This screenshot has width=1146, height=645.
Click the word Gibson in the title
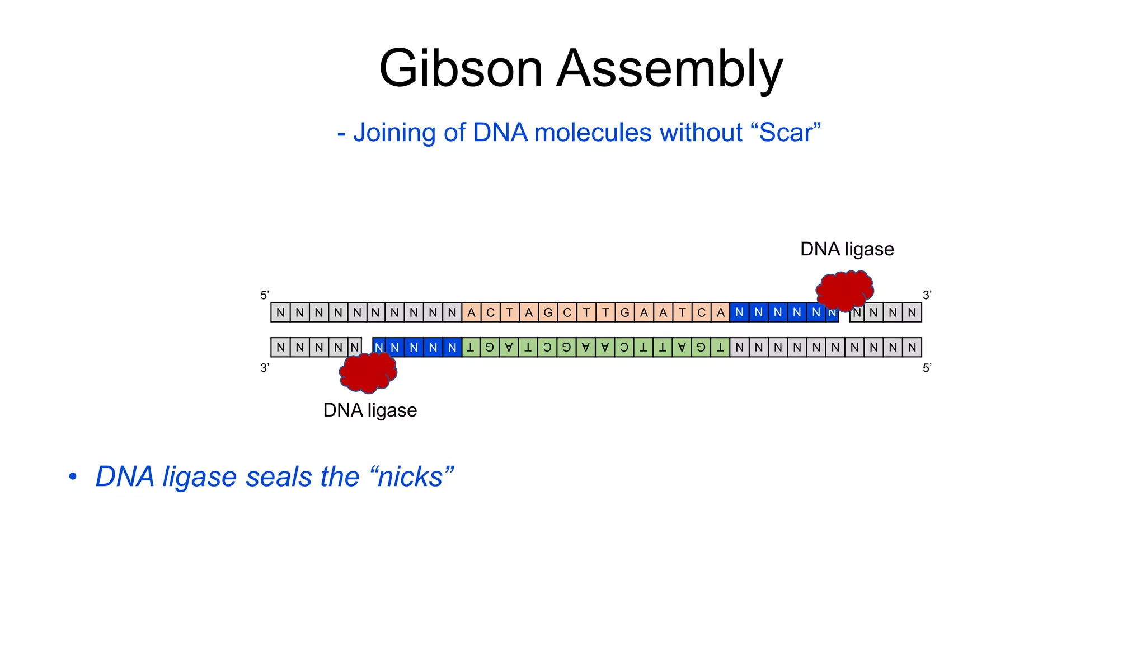[461, 69]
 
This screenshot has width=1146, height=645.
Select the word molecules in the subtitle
[593, 133]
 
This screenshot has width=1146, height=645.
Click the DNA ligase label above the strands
[847, 249]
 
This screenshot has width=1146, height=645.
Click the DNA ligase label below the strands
[370, 410]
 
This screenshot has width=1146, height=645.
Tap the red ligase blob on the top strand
[845, 290]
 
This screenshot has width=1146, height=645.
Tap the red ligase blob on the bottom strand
[368, 372]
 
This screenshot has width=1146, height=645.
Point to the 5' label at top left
[265, 295]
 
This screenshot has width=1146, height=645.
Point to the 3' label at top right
[927, 295]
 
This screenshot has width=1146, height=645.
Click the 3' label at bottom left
[265, 368]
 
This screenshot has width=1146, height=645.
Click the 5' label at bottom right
[927, 368]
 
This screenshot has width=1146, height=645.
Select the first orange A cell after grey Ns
[471, 312]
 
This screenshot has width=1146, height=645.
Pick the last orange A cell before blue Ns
[720, 312]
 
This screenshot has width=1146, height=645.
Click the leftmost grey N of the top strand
[280, 312]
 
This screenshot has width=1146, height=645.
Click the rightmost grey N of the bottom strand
[912, 347]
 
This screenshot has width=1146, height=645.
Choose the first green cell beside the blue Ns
[471, 347]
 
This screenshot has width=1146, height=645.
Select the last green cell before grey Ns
[720, 347]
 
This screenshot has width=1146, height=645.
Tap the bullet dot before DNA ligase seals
[72, 476]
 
